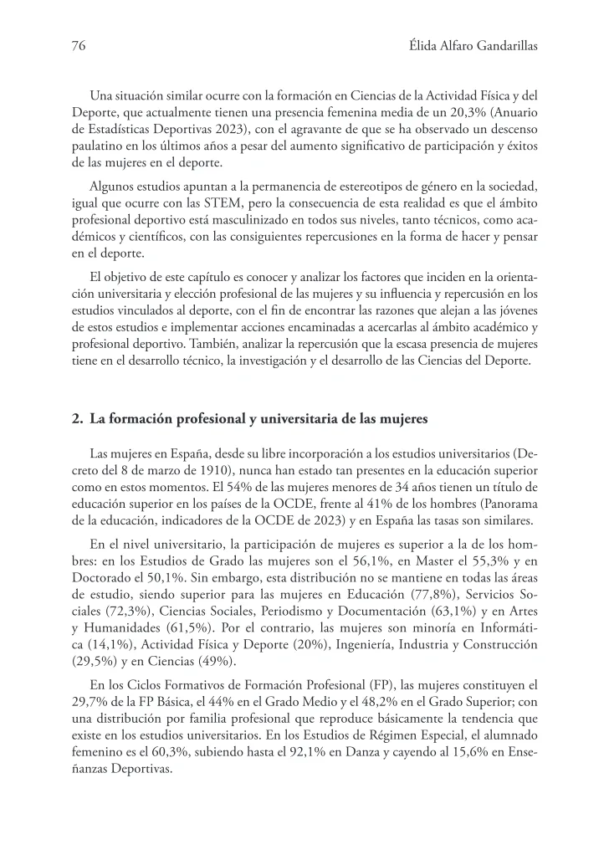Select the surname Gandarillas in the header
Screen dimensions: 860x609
point(499,45)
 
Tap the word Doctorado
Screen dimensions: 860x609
point(102,572)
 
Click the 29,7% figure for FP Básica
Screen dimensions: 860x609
point(90,699)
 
